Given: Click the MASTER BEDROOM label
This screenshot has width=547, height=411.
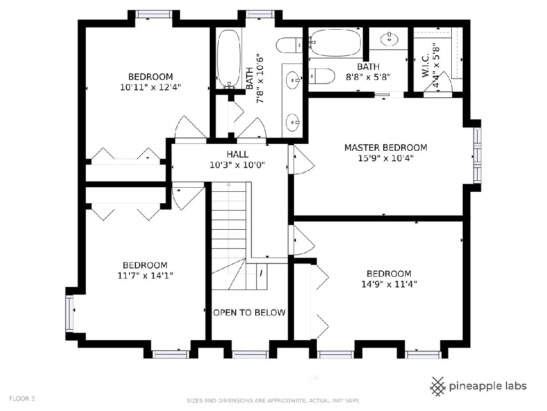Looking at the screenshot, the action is [x=386, y=148].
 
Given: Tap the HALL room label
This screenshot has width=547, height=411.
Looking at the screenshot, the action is [x=237, y=154].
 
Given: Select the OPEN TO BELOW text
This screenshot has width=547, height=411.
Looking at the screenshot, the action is [x=249, y=312].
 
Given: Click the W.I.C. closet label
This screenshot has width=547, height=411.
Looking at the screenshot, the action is [x=425, y=65].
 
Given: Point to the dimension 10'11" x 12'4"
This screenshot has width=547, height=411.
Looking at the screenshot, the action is [x=150, y=87].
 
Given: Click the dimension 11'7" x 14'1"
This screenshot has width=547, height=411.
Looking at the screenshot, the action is [x=145, y=275].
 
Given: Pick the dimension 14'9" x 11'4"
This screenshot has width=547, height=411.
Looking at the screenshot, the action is [x=389, y=284].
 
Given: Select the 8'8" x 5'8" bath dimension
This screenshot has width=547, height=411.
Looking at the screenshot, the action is [x=368, y=77].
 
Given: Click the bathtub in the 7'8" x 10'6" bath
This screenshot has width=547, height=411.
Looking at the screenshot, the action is [x=229, y=59].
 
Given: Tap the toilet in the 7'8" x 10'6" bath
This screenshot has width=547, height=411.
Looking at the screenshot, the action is [x=289, y=45].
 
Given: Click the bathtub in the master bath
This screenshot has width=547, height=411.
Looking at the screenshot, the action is [x=335, y=42].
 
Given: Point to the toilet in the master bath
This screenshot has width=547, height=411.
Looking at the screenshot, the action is [x=321, y=76].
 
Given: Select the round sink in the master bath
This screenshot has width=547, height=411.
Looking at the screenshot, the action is [x=389, y=39].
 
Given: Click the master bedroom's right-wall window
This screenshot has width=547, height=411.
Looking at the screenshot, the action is [x=477, y=156].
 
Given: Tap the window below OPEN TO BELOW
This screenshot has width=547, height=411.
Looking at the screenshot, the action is [x=250, y=354].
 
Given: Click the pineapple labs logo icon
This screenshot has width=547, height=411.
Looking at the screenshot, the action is [x=438, y=386].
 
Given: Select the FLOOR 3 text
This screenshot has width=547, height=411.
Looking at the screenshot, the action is [x=22, y=399].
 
